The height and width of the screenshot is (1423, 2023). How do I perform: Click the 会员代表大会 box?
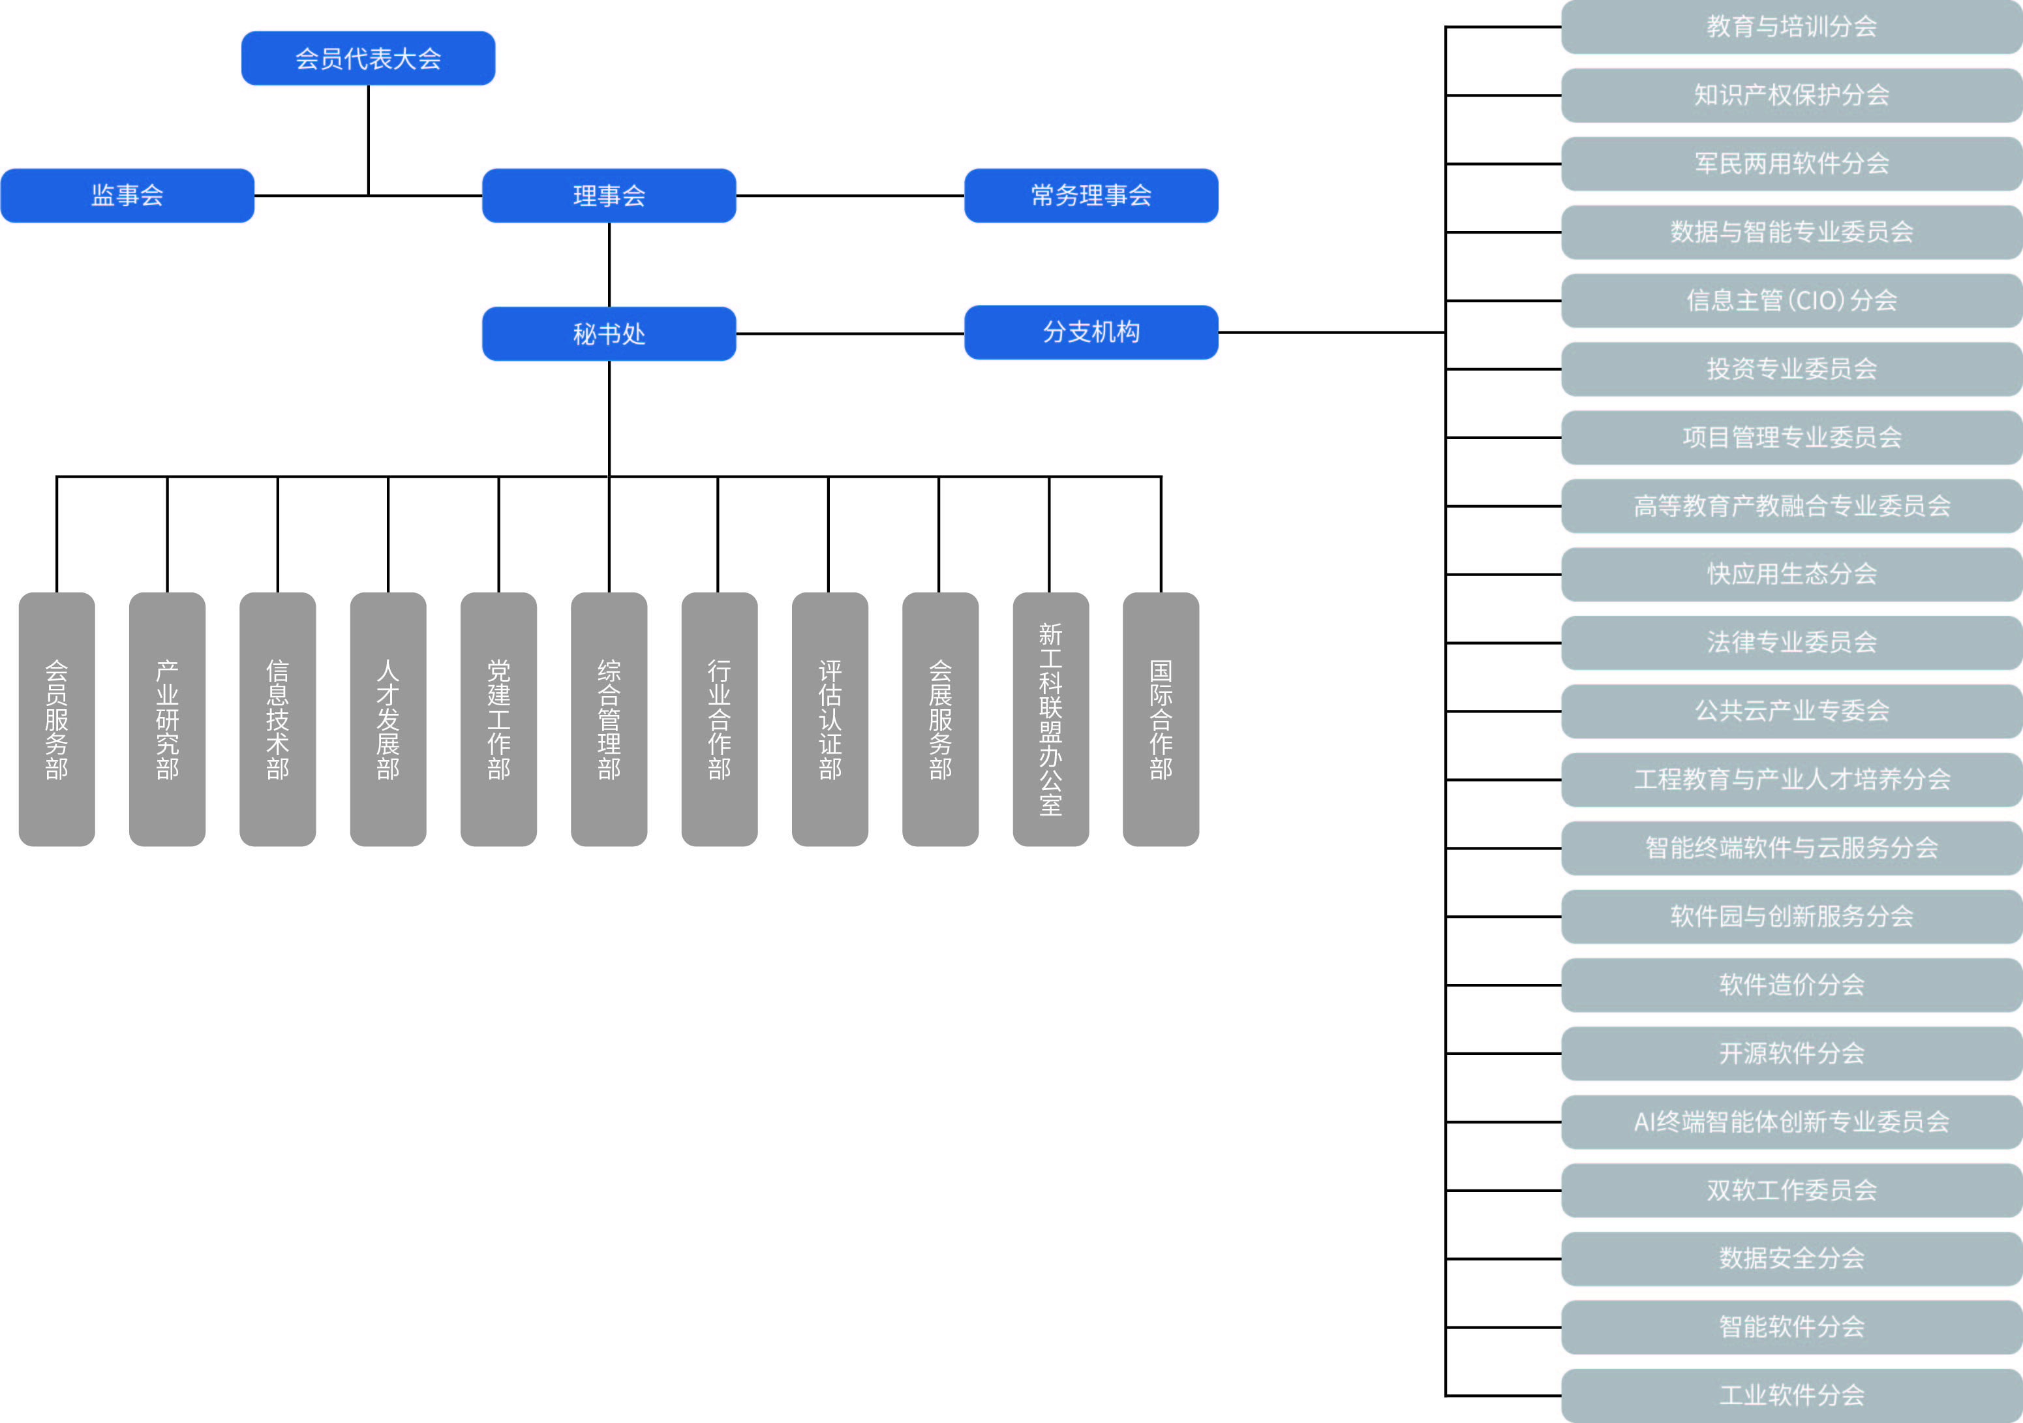coord(369,58)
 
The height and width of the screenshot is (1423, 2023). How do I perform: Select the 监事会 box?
coord(128,196)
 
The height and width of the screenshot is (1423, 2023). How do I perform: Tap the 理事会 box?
coord(609,196)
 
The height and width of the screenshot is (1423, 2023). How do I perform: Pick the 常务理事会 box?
coord(1091,196)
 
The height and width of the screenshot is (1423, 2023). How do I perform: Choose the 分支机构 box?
coord(1091,332)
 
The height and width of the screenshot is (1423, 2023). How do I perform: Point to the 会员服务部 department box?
coord(56,719)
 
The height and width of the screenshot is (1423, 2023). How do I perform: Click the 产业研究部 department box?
coord(168,719)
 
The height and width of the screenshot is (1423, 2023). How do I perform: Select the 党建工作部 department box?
coord(498,719)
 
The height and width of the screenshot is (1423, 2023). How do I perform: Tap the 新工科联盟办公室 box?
coord(1051,719)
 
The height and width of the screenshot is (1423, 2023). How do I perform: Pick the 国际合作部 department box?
coord(1161,719)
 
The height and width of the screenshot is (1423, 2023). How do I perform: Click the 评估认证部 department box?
coord(830,719)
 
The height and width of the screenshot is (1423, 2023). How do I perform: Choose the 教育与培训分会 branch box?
coord(1792,27)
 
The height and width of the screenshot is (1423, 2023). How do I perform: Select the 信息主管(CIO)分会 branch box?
coord(1792,301)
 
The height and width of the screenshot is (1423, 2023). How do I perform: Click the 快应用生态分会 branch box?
coord(1792,575)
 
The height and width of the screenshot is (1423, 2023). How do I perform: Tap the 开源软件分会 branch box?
coord(1792,1053)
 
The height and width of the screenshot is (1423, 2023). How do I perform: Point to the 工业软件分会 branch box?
coord(1792,1396)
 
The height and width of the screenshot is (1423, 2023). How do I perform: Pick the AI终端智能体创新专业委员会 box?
coord(1792,1122)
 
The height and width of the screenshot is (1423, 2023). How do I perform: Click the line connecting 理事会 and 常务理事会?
coord(850,196)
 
